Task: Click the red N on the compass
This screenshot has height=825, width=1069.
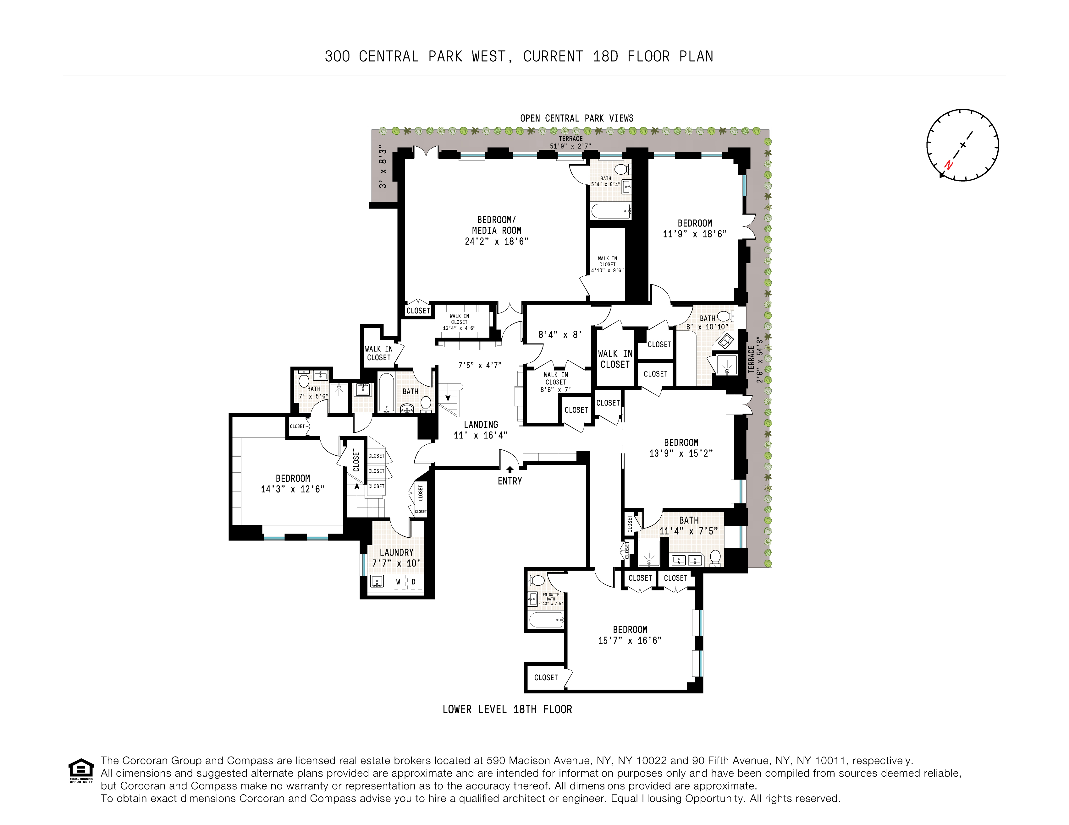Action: click(x=948, y=165)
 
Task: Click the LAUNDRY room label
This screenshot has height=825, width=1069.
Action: click(x=396, y=557)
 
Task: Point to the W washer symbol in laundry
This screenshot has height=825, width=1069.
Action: click(x=398, y=582)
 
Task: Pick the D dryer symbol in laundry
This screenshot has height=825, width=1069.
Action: click(x=414, y=582)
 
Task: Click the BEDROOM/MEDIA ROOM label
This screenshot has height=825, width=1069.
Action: click(x=496, y=230)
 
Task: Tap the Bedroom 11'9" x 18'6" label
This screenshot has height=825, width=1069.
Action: click(x=695, y=228)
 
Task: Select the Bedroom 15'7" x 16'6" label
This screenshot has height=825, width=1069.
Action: click(x=630, y=635)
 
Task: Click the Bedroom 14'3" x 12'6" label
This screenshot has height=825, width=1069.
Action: click(x=293, y=484)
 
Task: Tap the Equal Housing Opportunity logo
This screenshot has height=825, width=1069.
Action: click(x=81, y=770)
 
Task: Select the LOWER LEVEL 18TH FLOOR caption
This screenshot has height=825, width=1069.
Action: click(x=507, y=709)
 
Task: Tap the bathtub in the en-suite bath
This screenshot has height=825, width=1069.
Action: click(x=546, y=620)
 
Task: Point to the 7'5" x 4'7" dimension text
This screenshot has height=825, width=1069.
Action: click(x=480, y=365)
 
